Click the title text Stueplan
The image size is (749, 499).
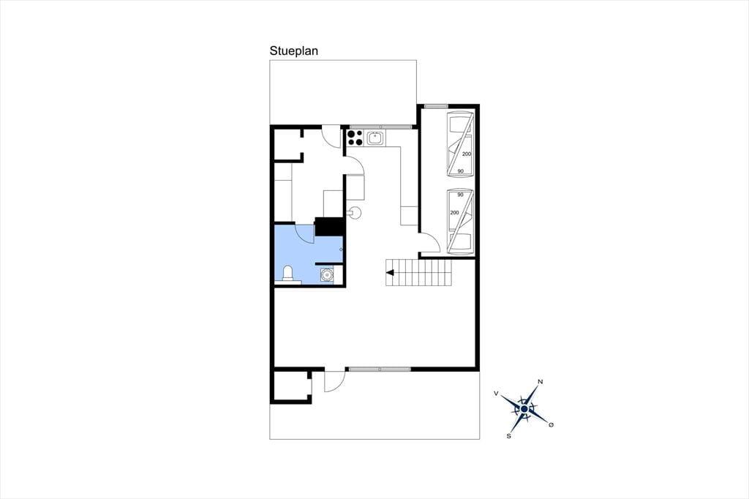[x=294, y=51]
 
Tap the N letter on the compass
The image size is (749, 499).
[x=541, y=381]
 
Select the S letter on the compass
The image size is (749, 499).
[x=509, y=436]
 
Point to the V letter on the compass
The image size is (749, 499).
[x=497, y=393]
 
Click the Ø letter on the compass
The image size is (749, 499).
[x=552, y=424]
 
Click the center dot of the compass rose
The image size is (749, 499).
[x=524, y=409]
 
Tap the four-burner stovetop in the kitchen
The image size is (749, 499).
[x=355, y=138]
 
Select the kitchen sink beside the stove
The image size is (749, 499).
[x=375, y=138]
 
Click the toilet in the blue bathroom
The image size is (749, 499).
[x=287, y=274]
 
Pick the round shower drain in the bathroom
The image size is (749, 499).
[x=327, y=275]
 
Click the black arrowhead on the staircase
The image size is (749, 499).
[x=390, y=273]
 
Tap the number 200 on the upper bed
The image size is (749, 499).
[x=467, y=154]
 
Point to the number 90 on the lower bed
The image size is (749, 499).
[x=461, y=195]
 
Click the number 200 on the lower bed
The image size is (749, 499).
[x=454, y=213]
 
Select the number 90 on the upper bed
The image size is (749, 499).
[x=461, y=171]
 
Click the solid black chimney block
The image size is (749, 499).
[x=329, y=227]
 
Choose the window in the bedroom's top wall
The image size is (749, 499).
[x=436, y=106]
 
